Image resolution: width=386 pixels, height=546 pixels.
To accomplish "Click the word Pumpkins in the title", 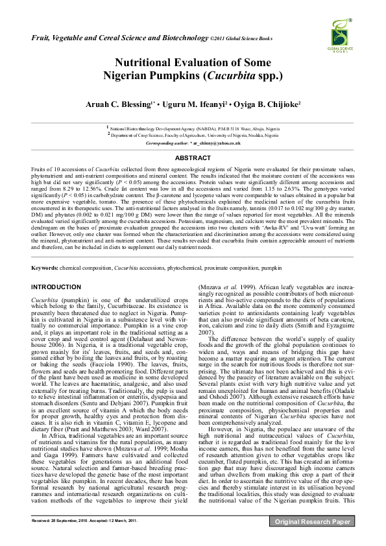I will [x=178, y=76].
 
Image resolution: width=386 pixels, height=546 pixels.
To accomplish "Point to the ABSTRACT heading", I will [x=193, y=158].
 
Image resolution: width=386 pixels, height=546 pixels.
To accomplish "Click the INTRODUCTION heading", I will [x=56, y=287].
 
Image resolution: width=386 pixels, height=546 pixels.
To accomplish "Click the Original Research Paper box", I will [x=313, y=521].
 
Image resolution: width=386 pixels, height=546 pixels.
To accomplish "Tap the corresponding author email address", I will [x=217, y=143].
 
